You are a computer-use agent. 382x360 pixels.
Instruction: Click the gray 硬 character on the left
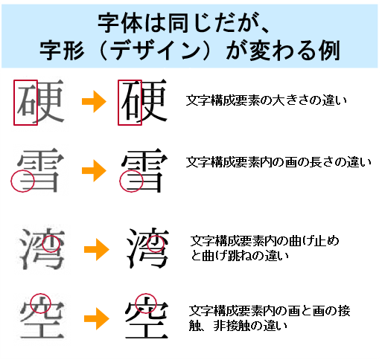(x=40, y=101)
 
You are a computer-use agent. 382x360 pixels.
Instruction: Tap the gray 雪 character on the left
(x=40, y=170)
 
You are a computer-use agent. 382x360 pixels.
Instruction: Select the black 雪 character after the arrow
(x=144, y=170)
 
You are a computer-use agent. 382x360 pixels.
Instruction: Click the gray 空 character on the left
(x=42, y=318)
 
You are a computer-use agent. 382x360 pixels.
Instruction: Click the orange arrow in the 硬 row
(x=94, y=101)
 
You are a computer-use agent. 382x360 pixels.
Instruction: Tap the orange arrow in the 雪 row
(x=94, y=170)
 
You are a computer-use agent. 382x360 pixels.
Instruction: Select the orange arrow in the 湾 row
(x=97, y=249)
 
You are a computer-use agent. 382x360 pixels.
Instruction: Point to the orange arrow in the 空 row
(x=97, y=318)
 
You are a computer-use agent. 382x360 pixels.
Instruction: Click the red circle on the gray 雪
(x=11, y=181)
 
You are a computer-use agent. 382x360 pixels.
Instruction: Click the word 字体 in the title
(x=120, y=24)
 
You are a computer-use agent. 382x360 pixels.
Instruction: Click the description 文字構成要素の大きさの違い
(x=266, y=100)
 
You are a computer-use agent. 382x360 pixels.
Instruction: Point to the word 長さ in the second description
(x=322, y=162)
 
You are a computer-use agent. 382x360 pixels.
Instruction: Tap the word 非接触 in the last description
(x=232, y=326)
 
